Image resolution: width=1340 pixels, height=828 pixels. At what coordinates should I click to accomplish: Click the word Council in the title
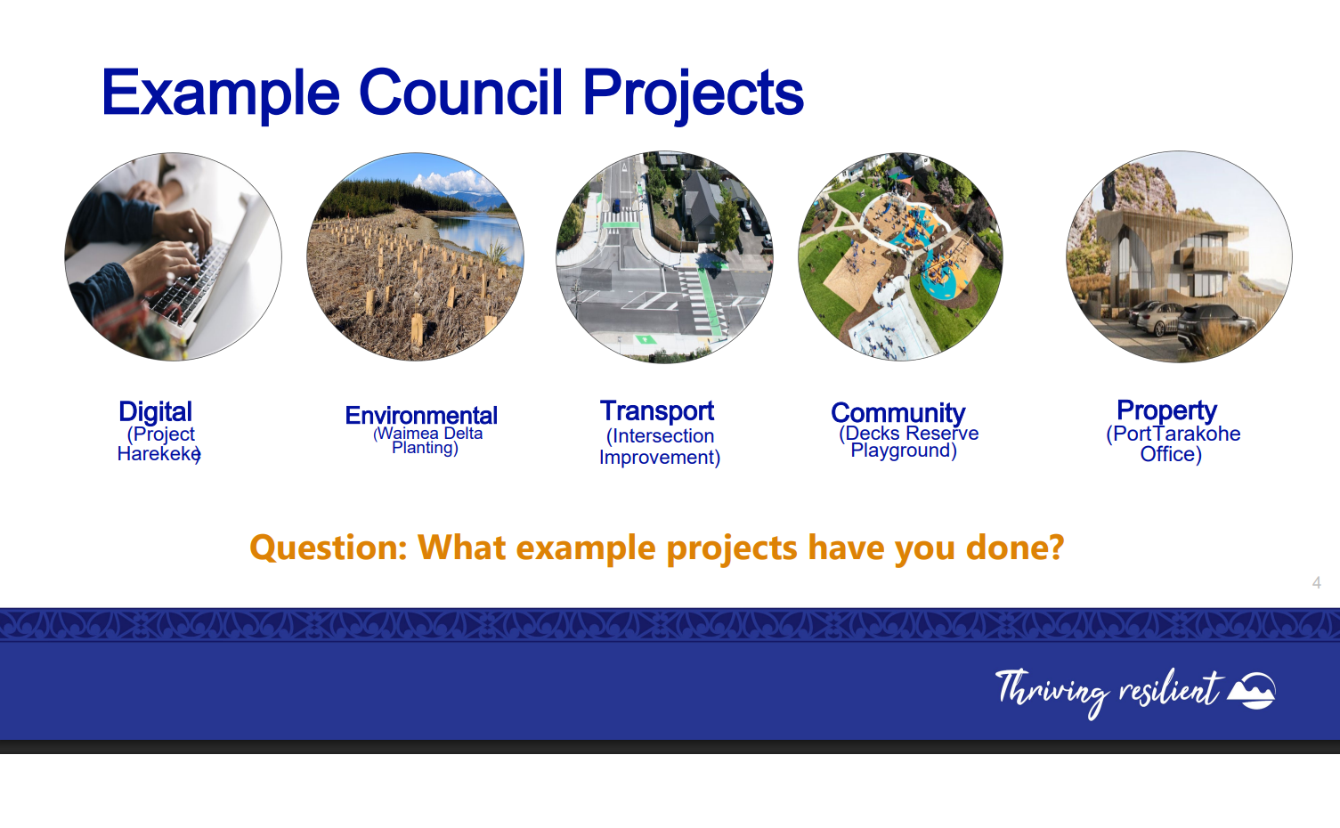tap(460, 92)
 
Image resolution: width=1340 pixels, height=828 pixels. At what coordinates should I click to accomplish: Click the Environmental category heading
tap(421, 415)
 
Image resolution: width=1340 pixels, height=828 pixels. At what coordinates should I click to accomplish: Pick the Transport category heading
tap(657, 411)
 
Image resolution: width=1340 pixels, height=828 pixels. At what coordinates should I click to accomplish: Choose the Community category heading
tap(897, 414)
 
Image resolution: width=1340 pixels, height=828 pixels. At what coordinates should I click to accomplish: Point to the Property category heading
tap(1166, 411)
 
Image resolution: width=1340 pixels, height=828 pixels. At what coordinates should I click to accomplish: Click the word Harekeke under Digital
tap(159, 454)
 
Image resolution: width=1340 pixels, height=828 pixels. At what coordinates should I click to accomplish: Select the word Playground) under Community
tap(904, 450)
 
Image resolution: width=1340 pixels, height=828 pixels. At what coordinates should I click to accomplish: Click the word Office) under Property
tap(1171, 454)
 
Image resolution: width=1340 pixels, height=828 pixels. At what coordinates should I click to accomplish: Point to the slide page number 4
tap(1317, 582)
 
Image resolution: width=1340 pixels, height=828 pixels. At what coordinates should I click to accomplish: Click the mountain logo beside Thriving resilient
tap(1252, 690)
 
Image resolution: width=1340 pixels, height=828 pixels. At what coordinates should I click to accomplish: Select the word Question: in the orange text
tap(329, 548)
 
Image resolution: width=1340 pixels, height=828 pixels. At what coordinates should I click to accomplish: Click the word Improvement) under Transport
tap(660, 458)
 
